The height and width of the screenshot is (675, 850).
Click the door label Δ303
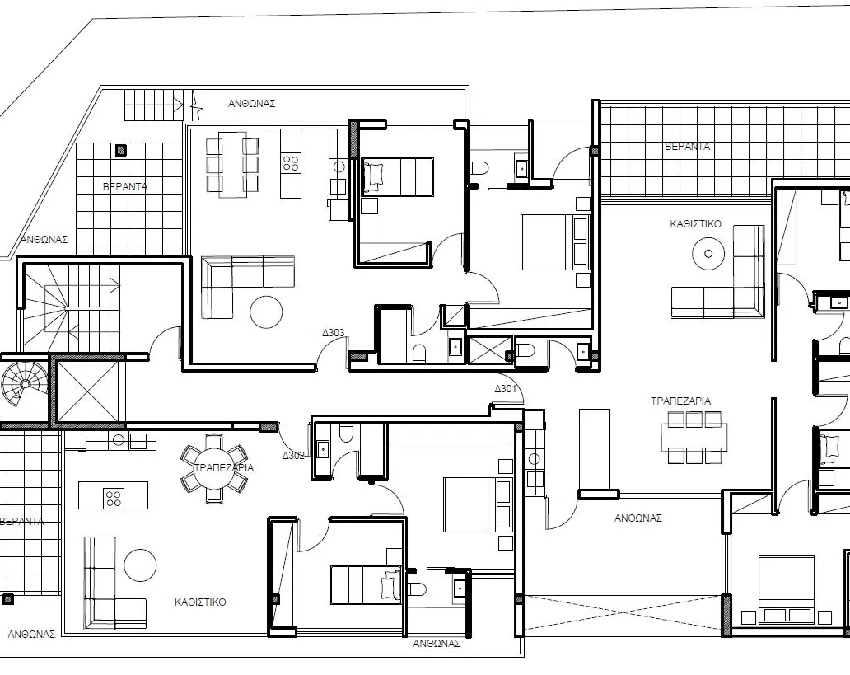[x=333, y=334]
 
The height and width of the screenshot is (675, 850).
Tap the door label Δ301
[x=505, y=389]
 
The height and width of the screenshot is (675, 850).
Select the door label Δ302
[x=294, y=455]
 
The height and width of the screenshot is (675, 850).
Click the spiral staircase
[x=24, y=382]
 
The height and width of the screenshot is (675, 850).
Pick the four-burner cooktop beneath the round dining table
[x=113, y=496]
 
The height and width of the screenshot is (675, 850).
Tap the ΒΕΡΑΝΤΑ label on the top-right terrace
[x=687, y=147]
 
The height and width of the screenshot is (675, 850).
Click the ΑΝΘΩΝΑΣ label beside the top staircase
[x=251, y=104]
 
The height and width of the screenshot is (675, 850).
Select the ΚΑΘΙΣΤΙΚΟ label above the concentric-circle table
[x=695, y=223]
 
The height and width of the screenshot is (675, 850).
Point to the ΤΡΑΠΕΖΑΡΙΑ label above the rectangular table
[x=680, y=401]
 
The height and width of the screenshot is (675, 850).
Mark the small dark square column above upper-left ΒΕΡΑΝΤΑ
[x=120, y=150]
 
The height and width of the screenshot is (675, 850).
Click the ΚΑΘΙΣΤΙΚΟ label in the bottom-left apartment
[x=200, y=602]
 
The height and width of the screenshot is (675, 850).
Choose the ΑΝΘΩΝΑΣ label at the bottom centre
[x=436, y=643]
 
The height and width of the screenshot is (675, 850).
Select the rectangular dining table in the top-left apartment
[x=232, y=164]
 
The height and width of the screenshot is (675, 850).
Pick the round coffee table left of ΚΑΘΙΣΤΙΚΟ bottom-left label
[x=140, y=566]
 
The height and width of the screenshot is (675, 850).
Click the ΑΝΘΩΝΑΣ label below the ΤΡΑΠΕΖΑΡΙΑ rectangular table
[x=638, y=518]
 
